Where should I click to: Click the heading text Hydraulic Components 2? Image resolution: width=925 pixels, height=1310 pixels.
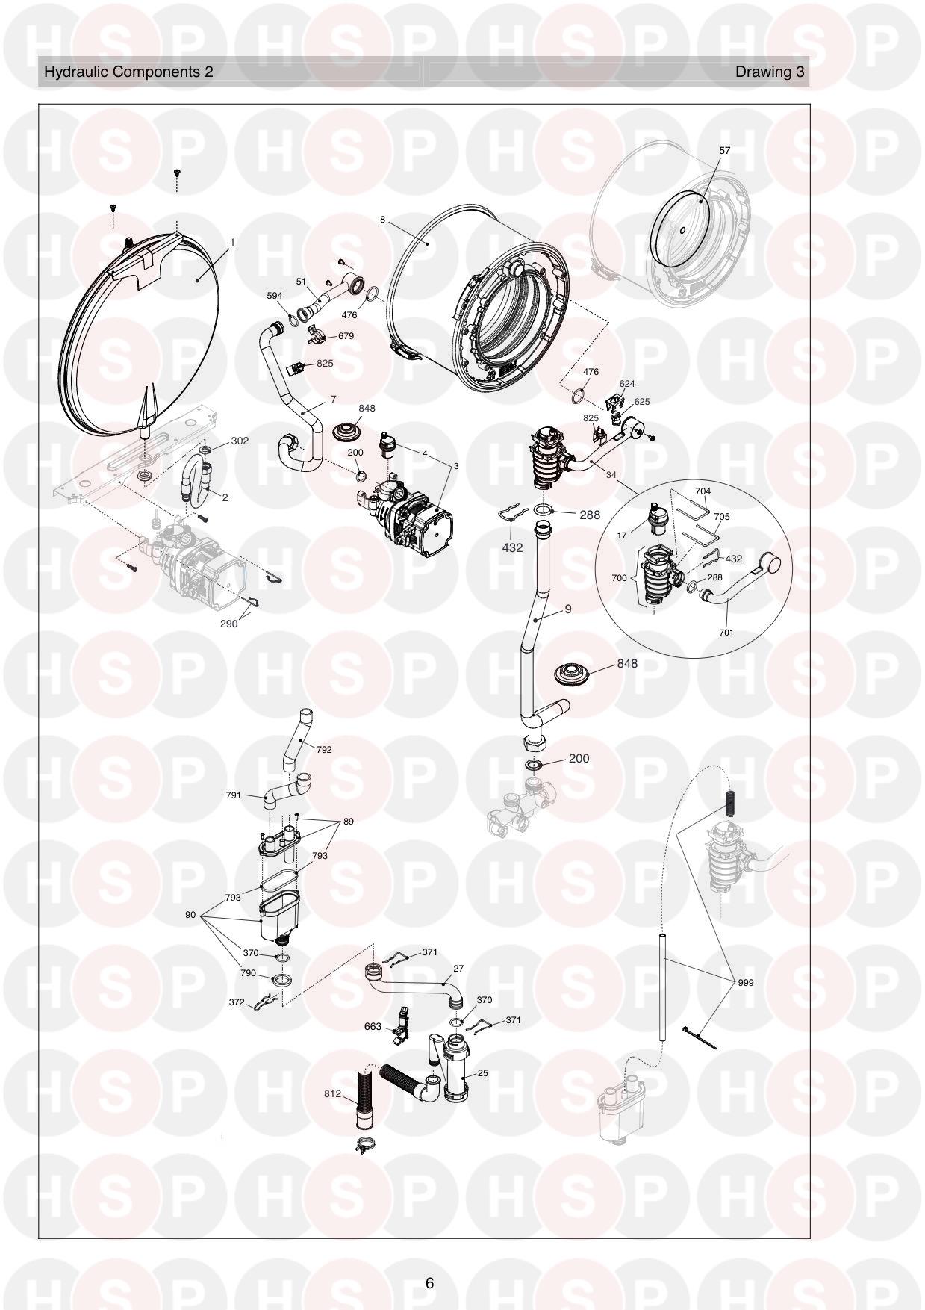(x=128, y=72)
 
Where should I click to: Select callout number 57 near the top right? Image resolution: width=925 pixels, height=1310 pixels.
(x=724, y=150)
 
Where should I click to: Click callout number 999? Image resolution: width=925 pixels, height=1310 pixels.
(x=744, y=982)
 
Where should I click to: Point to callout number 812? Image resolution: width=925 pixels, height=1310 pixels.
(x=332, y=1093)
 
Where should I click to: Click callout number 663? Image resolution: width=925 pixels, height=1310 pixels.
(x=373, y=1026)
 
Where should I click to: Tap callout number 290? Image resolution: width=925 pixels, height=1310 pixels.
(x=228, y=624)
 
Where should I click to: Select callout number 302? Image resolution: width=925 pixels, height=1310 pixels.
(x=240, y=441)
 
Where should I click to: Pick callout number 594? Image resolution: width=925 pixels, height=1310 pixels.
(x=275, y=296)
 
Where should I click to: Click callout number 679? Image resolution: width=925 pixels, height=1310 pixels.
(x=346, y=336)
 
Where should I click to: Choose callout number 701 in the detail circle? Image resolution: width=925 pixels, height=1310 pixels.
(x=726, y=633)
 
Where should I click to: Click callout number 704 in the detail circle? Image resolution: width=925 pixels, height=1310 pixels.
(x=703, y=491)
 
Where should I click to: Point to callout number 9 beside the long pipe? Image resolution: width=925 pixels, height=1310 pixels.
(x=567, y=609)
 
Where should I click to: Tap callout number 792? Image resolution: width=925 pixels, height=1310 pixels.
(x=323, y=749)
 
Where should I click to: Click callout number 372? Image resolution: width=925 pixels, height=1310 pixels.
(x=237, y=1002)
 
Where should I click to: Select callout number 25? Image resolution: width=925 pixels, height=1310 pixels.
(x=482, y=1072)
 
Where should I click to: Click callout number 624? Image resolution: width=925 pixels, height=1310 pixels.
(x=627, y=384)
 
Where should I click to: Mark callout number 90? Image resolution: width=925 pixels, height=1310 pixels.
(x=190, y=914)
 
